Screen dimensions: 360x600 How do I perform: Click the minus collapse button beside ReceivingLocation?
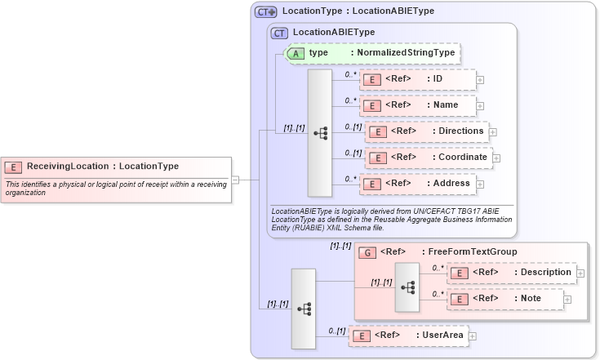pos(235,180)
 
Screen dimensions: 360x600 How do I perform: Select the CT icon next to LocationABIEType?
pos(280,33)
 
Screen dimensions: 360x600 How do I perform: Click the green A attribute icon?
pos(296,53)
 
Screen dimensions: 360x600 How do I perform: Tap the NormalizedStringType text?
pos(402,53)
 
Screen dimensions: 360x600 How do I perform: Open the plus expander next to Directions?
pos(493,131)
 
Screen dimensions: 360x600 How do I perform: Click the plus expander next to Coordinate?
pos(496,158)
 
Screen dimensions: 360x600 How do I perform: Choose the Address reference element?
pos(418,184)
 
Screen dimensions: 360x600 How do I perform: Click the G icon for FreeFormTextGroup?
pos(367,251)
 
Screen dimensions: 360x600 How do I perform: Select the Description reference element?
pos(512,273)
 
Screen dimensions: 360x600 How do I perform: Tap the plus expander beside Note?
pos(567,300)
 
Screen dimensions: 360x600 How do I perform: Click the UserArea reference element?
pos(407,335)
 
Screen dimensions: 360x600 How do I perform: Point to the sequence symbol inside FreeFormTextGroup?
pos(408,287)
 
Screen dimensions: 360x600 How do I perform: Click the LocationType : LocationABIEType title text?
pos(358,11)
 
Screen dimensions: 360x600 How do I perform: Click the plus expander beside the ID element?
pos(480,80)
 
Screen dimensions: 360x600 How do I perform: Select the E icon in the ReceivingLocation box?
pos(14,167)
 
